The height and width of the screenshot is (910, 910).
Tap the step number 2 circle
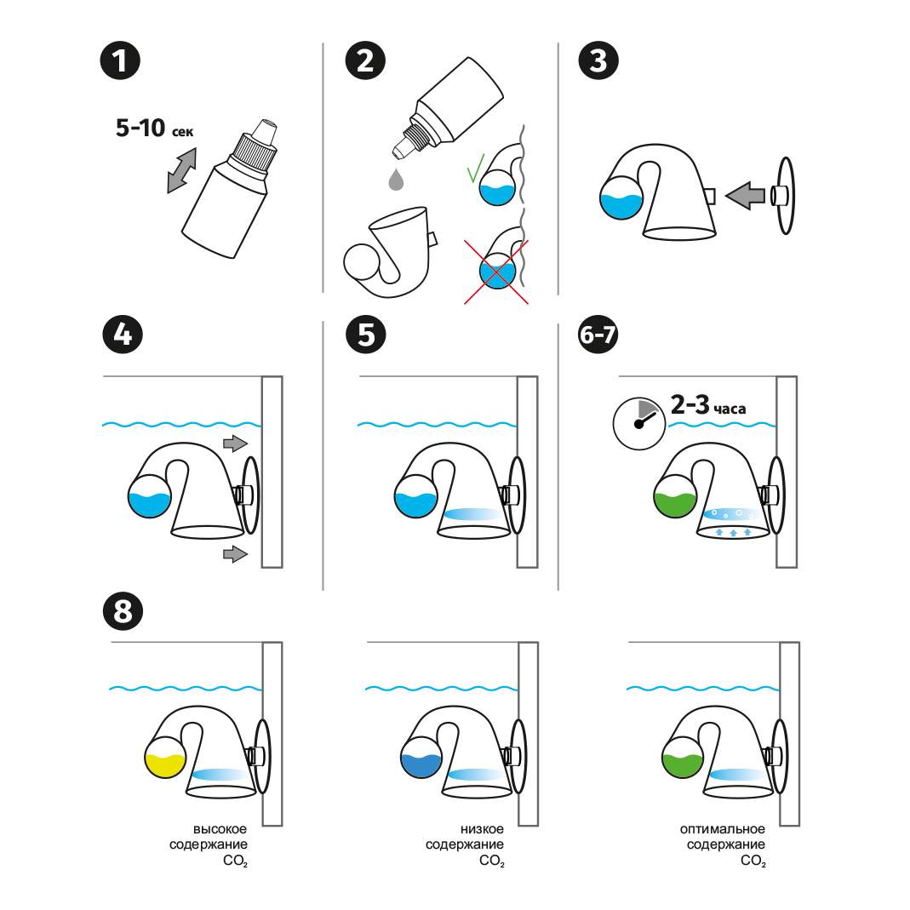pos(365,61)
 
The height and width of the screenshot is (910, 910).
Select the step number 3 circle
pos(598,61)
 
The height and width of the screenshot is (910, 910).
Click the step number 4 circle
pos(121,334)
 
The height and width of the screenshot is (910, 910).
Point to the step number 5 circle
pos(365,334)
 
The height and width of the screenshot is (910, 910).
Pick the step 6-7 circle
pos(598,334)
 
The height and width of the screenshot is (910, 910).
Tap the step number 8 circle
pos(121,611)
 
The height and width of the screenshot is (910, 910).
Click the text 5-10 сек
pos(154,129)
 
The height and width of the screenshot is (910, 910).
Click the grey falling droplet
pos(395,180)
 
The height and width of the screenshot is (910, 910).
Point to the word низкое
pos(482,828)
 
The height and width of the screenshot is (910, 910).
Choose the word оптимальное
pos(722,828)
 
